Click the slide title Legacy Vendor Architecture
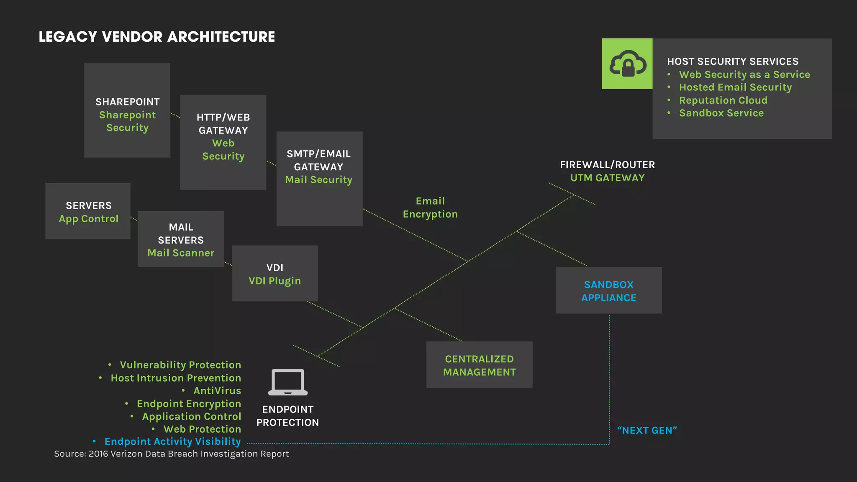157,37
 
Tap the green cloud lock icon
627,64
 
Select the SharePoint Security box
127,110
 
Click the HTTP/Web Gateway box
223,142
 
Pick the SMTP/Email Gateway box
319,179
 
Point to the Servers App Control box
88,211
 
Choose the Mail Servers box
181,239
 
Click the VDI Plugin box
275,274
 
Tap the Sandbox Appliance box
608,291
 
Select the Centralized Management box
479,365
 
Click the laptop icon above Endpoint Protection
288,382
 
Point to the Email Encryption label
430,208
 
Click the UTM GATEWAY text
607,178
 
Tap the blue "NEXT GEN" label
647,430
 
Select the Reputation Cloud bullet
723,100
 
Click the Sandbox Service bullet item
721,113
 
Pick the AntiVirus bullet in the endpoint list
217,391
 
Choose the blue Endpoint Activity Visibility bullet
172,442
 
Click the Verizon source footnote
171,454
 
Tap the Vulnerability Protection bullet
180,365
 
